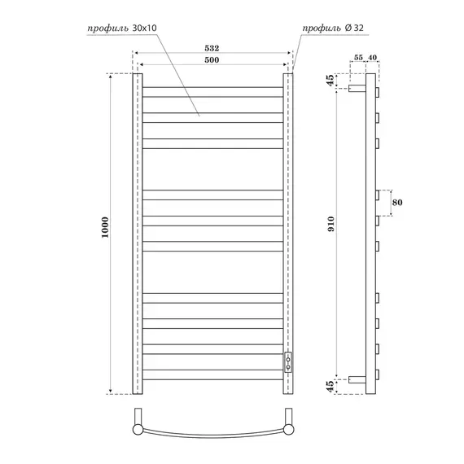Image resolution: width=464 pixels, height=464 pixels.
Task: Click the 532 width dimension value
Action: point(212,49)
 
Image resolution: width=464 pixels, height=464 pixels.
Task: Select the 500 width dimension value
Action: point(212,59)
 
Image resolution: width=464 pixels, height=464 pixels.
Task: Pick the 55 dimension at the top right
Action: point(359,59)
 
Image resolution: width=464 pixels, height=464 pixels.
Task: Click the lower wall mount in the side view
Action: point(357,379)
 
